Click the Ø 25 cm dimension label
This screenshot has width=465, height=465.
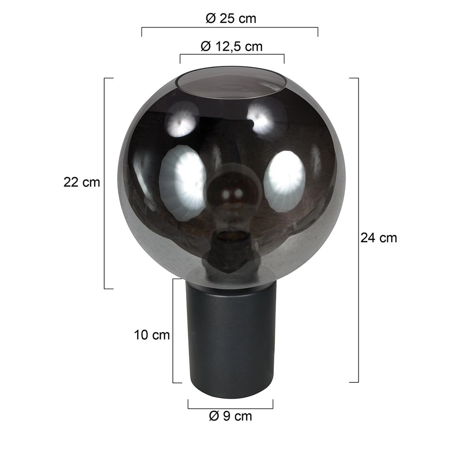[231, 19]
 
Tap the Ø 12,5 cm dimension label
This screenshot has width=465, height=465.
[231, 46]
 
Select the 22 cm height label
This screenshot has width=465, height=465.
[82, 182]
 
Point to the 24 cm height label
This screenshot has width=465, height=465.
[379, 238]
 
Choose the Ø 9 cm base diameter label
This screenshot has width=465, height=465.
[231, 416]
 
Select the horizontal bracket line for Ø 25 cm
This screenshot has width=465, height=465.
[230, 28]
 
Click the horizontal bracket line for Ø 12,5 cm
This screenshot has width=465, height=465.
[232, 55]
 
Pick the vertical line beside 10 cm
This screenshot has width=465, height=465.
[173, 331]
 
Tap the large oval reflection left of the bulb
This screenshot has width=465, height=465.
[182, 181]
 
